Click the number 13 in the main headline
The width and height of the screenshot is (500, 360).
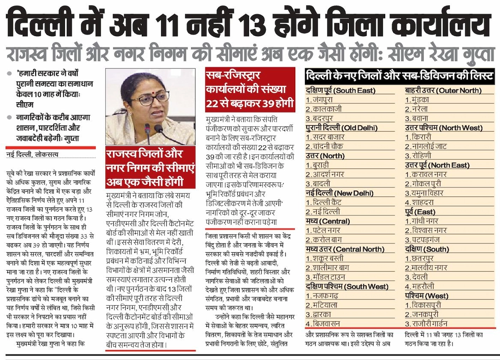255,26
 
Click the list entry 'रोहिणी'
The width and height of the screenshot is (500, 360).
421,156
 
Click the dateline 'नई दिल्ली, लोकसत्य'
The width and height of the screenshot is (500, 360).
32,155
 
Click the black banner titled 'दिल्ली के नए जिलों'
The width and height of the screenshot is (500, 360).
399,75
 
